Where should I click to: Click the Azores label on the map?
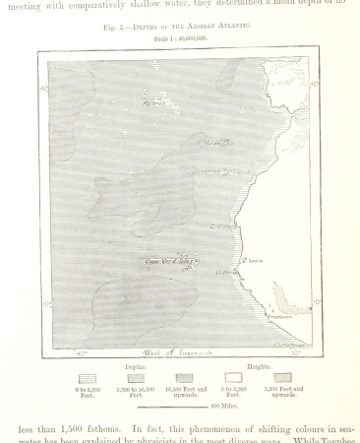pyautogui.click(x=154, y=101)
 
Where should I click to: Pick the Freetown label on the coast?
pyautogui.click(x=281, y=317)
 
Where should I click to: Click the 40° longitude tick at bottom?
pyautogui.click(x=82, y=352)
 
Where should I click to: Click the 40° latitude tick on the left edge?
pyautogui.click(x=44, y=89)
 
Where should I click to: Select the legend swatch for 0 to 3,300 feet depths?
pyautogui.click(x=87, y=377)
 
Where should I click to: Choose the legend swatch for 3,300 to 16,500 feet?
pyautogui.click(x=136, y=377)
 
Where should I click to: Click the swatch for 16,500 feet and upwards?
pyautogui.click(x=184, y=377)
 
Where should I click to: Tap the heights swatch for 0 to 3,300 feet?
pyautogui.click(x=233, y=377)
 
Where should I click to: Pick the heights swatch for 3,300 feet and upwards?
pyautogui.click(x=282, y=377)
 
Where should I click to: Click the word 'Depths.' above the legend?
pyautogui.click(x=135, y=365)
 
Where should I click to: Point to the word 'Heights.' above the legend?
pyautogui.click(x=259, y=365)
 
